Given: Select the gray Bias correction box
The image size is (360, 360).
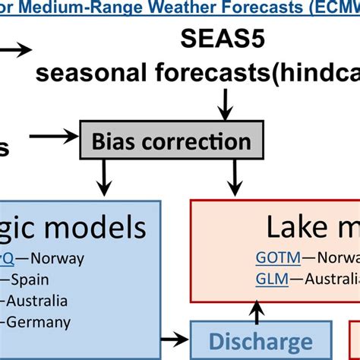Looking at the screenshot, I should (x=176, y=141).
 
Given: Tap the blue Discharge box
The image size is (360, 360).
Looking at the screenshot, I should (x=261, y=342).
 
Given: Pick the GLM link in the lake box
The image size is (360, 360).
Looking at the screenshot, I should (x=271, y=279).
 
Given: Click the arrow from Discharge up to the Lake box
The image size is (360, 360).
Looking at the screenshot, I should (x=259, y=310).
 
